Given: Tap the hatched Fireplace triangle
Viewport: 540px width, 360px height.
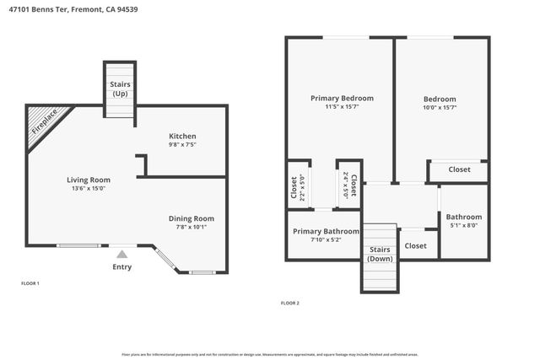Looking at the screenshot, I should pyautogui.click(x=42, y=123).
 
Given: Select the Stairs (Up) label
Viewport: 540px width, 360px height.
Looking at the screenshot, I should pyautogui.click(x=120, y=89).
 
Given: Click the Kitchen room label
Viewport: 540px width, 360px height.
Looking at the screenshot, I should pyautogui.click(x=182, y=136).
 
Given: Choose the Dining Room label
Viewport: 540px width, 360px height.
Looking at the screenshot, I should pyautogui.click(x=191, y=218).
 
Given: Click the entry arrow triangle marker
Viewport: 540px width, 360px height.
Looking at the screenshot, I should pyautogui.click(x=122, y=253).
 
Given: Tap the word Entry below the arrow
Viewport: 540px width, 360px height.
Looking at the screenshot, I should pyautogui.click(x=122, y=267).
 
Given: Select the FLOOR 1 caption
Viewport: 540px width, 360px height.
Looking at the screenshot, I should pyautogui.click(x=30, y=283).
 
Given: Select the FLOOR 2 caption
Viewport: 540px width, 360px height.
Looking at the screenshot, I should pyautogui.click(x=289, y=303).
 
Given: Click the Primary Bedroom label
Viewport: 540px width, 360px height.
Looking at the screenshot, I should pyautogui.click(x=342, y=98).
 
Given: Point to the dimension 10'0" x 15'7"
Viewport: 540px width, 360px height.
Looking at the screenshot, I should pyautogui.click(x=439, y=107).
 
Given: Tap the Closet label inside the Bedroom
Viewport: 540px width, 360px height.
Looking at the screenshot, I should pyautogui.click(x=459, y=169).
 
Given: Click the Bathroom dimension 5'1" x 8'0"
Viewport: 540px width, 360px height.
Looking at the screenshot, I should pyautogui.click(x=463, y=225).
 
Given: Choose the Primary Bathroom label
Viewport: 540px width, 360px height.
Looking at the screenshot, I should pyautogui.click(x=326, y=231).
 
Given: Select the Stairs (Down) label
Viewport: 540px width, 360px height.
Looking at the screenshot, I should pyautogui.click(x=379, y=254).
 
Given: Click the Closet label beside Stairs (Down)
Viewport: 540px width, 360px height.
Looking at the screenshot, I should pyautogui.click(x=415, y=245).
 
